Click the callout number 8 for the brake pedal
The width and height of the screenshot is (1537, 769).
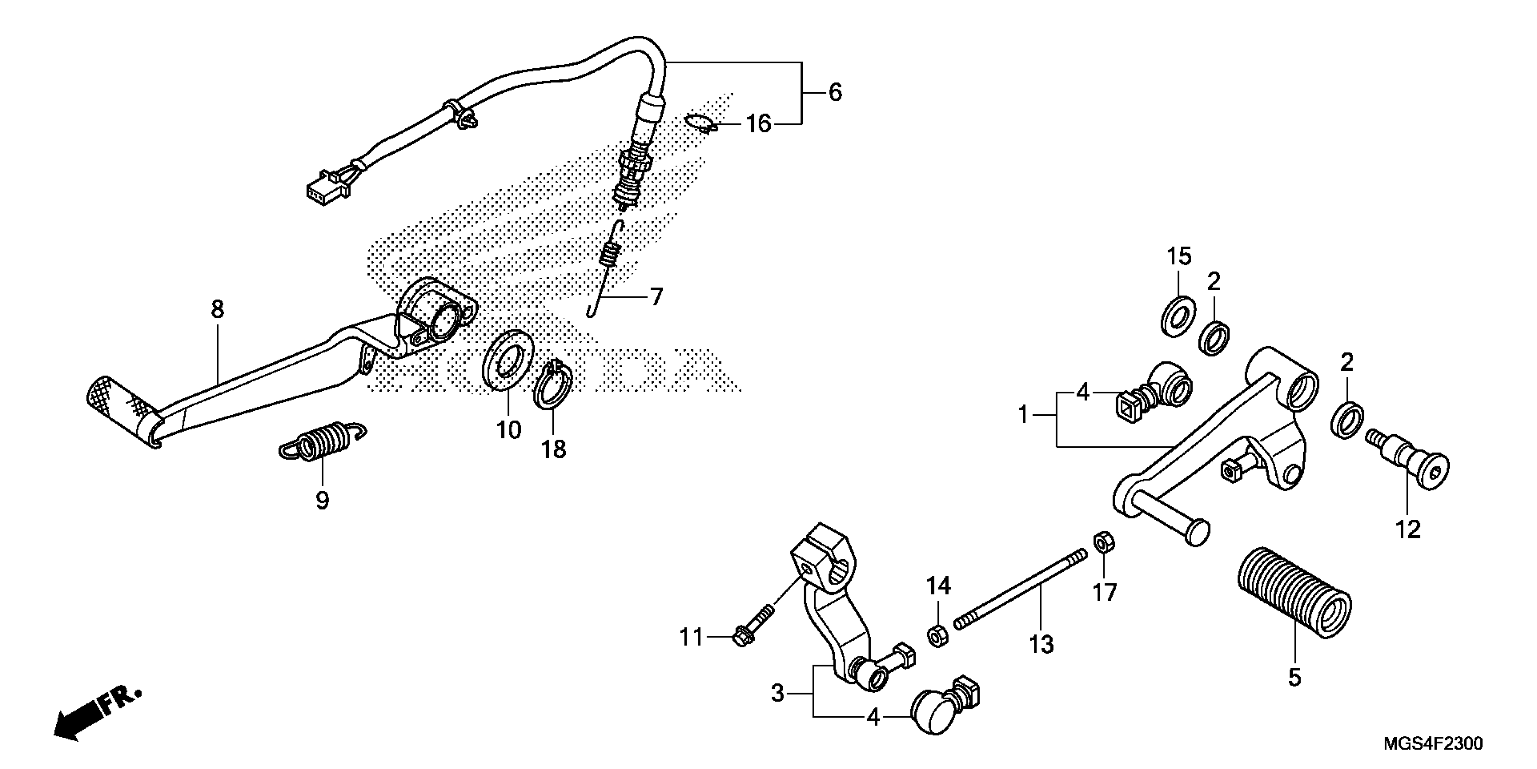pyautogui.click(x=218, y=309)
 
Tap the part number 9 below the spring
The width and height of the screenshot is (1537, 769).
pyautogui.click(x=322, y=500)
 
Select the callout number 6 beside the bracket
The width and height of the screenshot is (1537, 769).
pyautogui.click(x=835, y=93)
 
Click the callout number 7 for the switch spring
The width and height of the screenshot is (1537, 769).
pyautogui.click(x=656, y=297)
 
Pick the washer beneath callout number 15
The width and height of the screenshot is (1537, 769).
pyautogui.click(x=1179, y=316)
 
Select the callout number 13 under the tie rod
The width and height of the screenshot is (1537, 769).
pyautogui.click(x=1042, y=644)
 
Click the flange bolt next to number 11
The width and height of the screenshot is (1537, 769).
pyautogui.click(x=749, y=635)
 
